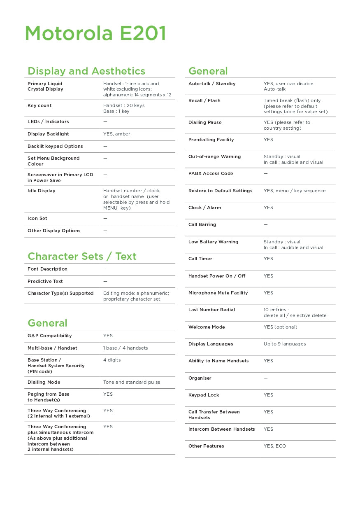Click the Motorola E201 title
click(x=95, y=33)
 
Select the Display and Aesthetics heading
click(x=86, y=71)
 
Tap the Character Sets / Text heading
click(x=82, y=257)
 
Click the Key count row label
click(x=39, y=106)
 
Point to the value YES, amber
click(x=116, y=134)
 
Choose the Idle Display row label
click(x=41, y=191)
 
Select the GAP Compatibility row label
click(x=49, y=336)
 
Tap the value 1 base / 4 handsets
click(x=125, y=348)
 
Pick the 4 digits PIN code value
click(x=112, y=360)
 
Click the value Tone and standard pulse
click(x=132, y=383)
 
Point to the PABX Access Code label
click(x=211, y=174)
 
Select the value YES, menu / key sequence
click(x=295, y=191)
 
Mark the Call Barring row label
click(x=202, y=225)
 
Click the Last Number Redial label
click(x=211, y=310)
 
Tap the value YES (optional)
click(x=280, y=327)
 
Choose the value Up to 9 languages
click(x=285, y=344)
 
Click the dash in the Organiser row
click(x=266, y=378)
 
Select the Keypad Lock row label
click(x=204, y=395)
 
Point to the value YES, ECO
click(x=275, y=446)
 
